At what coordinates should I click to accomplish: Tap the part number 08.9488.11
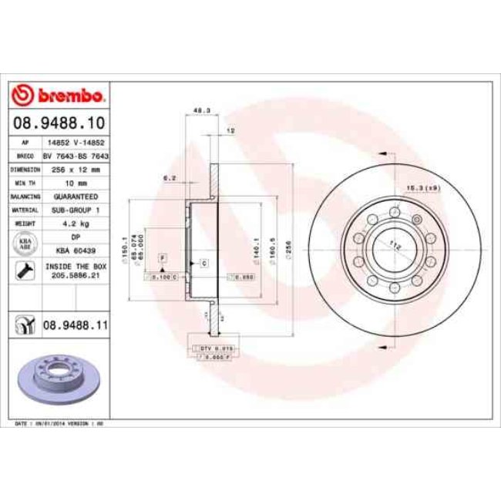tap(73, 327)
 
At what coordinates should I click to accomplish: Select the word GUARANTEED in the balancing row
tap(76, 197)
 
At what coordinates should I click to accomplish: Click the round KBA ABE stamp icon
tap(24, 244)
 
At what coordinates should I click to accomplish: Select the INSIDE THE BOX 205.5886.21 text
tap(76, 270)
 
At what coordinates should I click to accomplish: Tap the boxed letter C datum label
tap(204, 264)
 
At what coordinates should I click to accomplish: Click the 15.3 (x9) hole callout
tap(423, 187)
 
